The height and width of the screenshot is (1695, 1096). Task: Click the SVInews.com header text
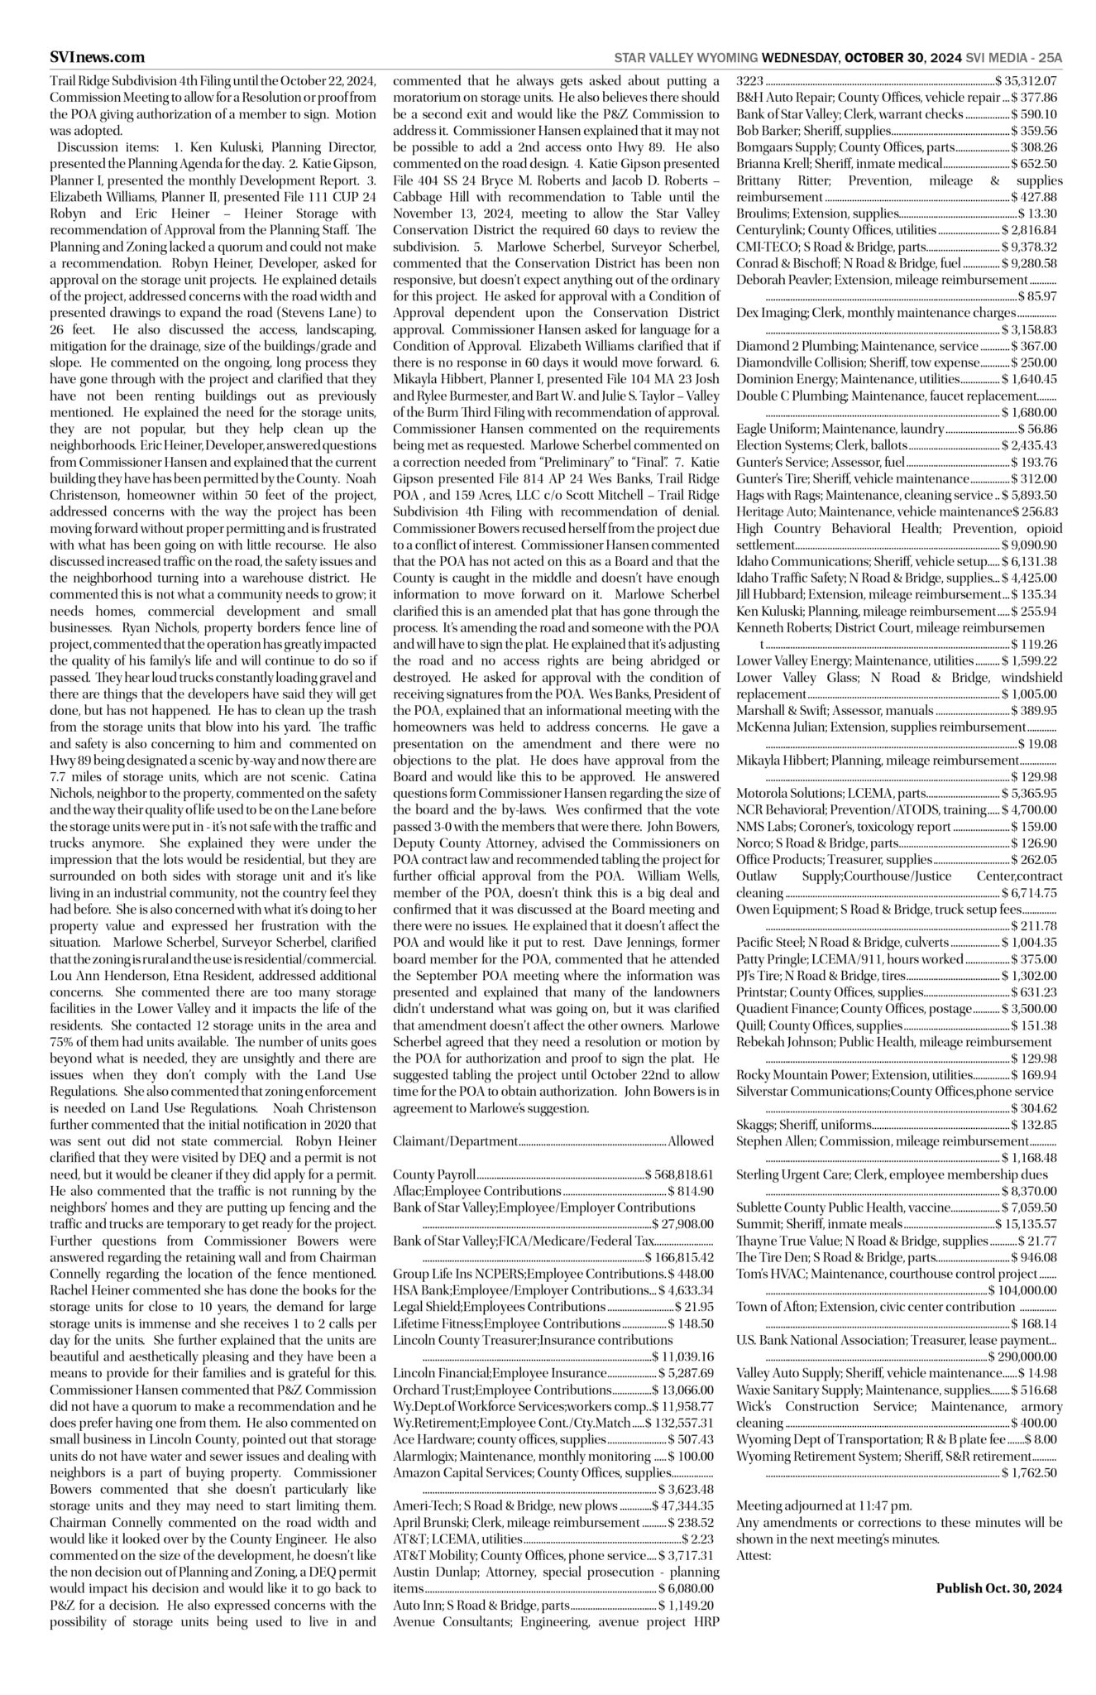pos(97,57)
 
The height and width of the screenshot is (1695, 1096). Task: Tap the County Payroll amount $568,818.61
pos(680,1174)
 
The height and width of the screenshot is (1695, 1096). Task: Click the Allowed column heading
pos(691,1141)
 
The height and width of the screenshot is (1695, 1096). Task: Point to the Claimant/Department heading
pos(455,1141)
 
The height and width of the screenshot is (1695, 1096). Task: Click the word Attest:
pos(754,1555)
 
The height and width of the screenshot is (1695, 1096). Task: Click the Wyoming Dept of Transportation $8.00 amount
pos(1041,1439)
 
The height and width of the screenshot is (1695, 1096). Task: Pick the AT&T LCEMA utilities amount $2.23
pos(699,1539)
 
